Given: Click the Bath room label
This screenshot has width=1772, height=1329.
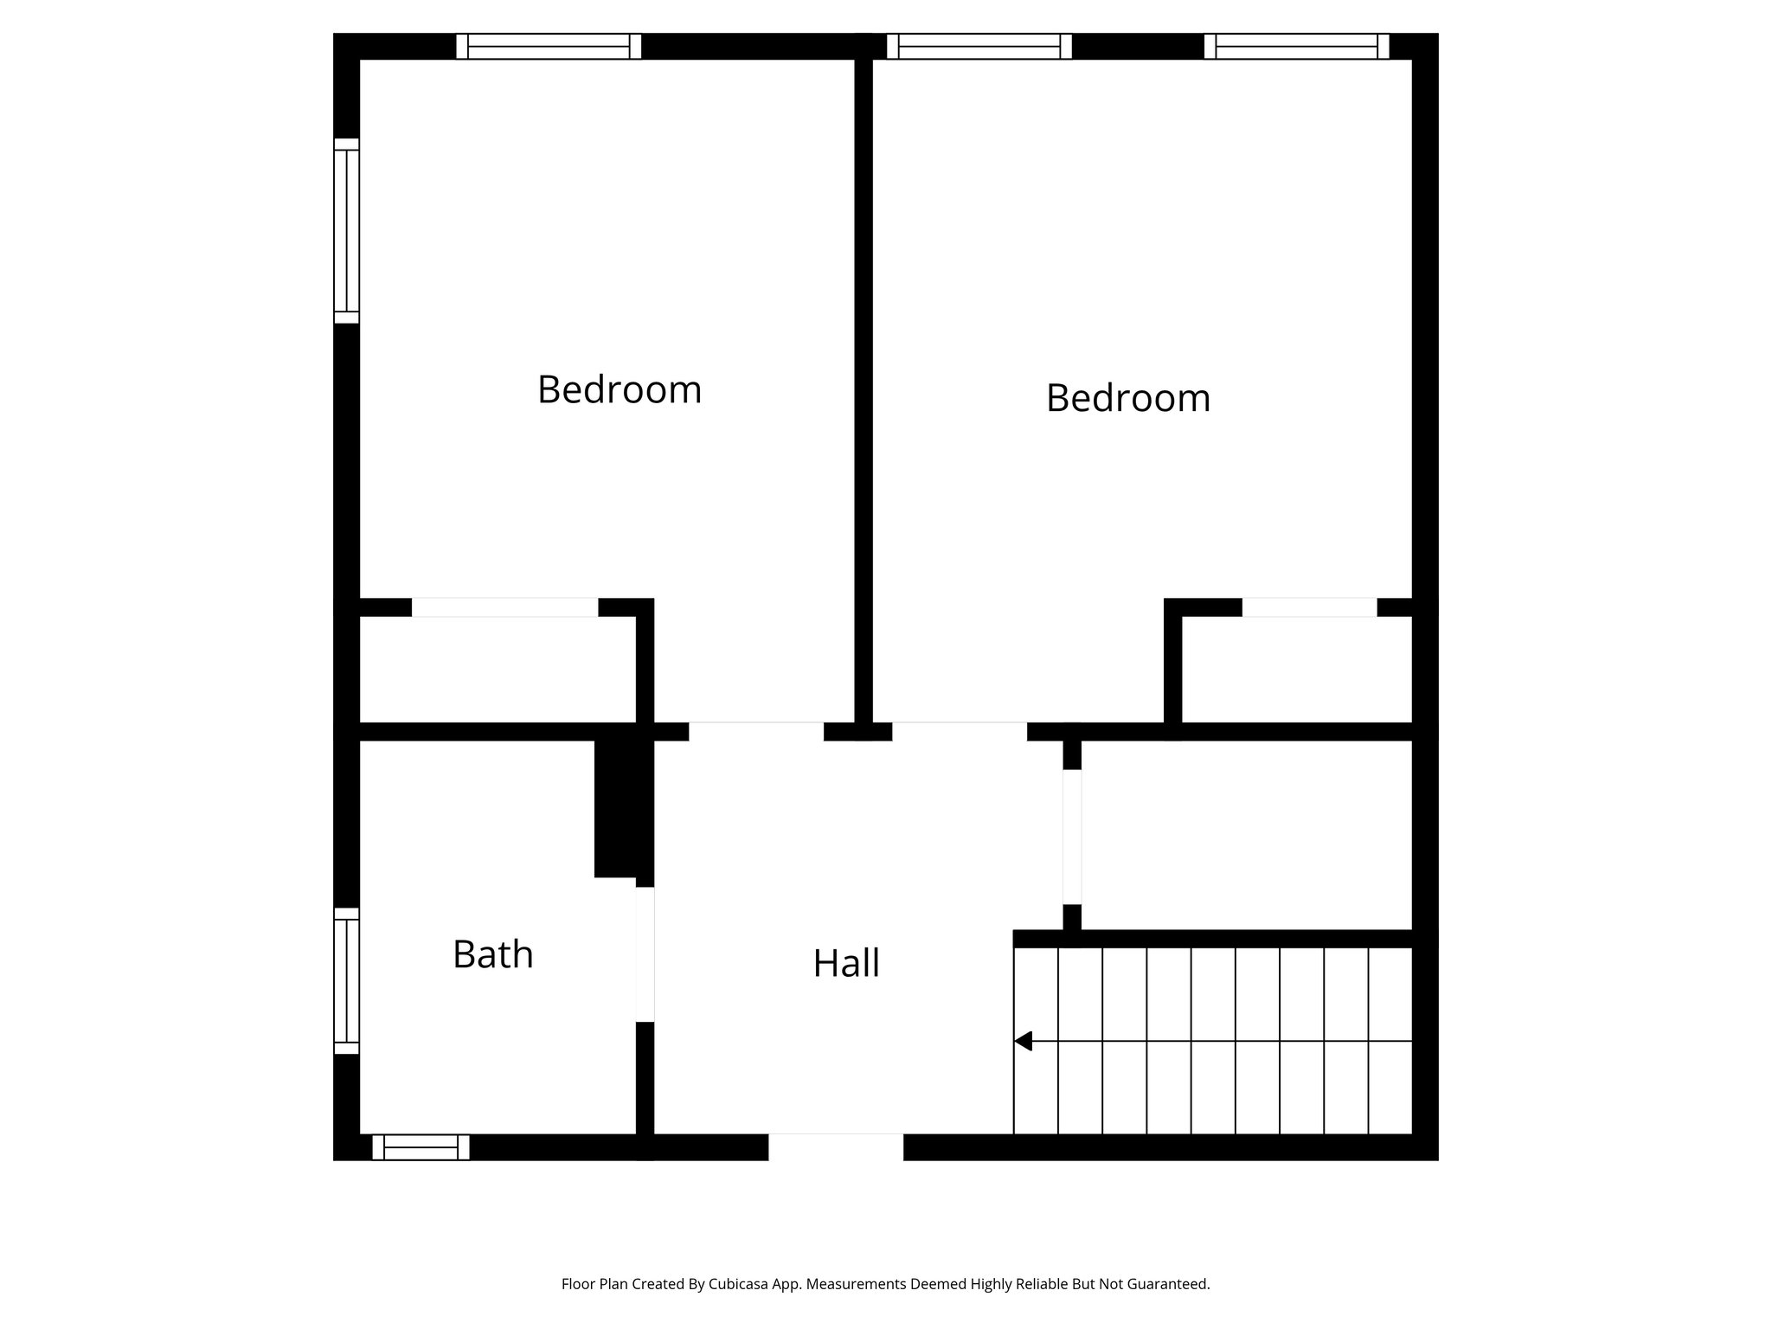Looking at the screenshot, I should [492, 954].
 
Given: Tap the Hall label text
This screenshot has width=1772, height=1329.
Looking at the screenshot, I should [846, 963].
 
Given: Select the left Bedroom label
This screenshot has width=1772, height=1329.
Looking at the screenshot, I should [619, 389].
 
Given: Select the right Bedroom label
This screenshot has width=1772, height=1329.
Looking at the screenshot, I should [1127, 398].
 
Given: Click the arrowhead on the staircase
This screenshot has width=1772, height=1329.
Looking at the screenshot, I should [1024, 1041].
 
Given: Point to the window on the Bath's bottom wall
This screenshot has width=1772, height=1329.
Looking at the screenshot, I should [421, 1147].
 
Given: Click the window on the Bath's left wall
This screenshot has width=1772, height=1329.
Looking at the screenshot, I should [346, 980].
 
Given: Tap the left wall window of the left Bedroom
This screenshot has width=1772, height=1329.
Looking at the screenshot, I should [346, 230].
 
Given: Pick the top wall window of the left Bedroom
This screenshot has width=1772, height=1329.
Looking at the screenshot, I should [549, 46].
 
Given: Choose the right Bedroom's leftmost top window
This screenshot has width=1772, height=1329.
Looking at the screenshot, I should [979, 46].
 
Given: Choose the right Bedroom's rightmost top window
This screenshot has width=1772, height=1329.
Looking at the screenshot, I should [1296, 46].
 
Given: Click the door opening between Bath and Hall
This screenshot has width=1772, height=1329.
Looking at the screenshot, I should [645, 954].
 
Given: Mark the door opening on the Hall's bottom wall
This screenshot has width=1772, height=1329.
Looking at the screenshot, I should [836, 1146].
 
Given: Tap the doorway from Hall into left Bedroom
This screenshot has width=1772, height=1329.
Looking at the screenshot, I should [755, 731].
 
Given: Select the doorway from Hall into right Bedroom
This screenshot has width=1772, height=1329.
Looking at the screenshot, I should [959, 731].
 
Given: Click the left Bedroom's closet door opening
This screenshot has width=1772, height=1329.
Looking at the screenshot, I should [504, 607].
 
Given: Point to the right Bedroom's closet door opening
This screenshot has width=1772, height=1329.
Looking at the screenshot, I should [1309, 607].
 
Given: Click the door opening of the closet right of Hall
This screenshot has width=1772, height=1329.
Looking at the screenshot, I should [1072, 837].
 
